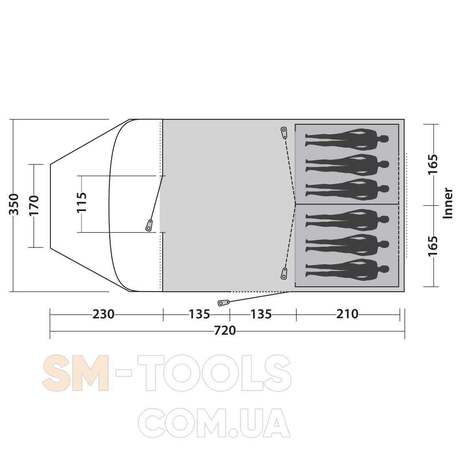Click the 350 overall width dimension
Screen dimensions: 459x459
[x=14, y=204]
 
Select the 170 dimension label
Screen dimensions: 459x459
[x=34, y=205]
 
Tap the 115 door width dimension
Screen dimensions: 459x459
[x=82, y=202]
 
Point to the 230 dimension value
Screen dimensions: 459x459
[x=103, y=314]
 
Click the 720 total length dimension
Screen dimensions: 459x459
[x=225, y=331]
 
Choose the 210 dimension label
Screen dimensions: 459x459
[x=347, y=314]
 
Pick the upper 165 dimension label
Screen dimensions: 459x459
[x=433, y=164]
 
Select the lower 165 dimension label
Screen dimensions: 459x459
[x=433, y=246]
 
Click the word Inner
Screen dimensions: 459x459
[x=448, y=203]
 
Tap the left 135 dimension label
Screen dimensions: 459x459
[x=199, y=314]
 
